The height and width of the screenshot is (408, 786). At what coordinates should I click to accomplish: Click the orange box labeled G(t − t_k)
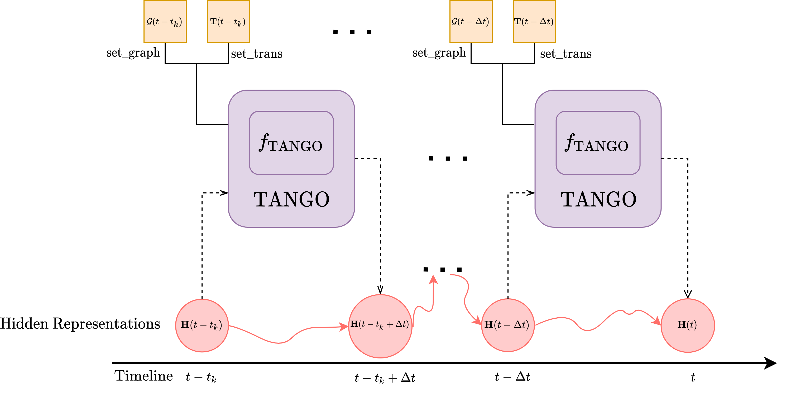tap(165, 22)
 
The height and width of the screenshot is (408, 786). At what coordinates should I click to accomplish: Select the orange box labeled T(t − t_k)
tap(228, 22)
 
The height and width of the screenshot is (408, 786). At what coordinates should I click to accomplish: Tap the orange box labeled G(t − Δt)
tap(471, 22)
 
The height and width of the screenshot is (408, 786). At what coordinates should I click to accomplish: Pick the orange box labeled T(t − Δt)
tap(534, 22)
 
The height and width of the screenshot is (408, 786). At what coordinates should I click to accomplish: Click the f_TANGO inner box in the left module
tap(291, 162)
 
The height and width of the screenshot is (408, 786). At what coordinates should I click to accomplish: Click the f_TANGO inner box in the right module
tap(598, 162)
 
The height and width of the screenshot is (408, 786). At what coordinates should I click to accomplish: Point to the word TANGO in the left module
tap(291, 200)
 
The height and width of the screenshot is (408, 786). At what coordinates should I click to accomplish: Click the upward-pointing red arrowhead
tap(433, 279)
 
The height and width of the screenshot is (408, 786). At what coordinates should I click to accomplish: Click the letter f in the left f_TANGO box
tap(264, 142)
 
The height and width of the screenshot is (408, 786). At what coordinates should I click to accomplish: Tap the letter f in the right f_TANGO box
tap(570, 142)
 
